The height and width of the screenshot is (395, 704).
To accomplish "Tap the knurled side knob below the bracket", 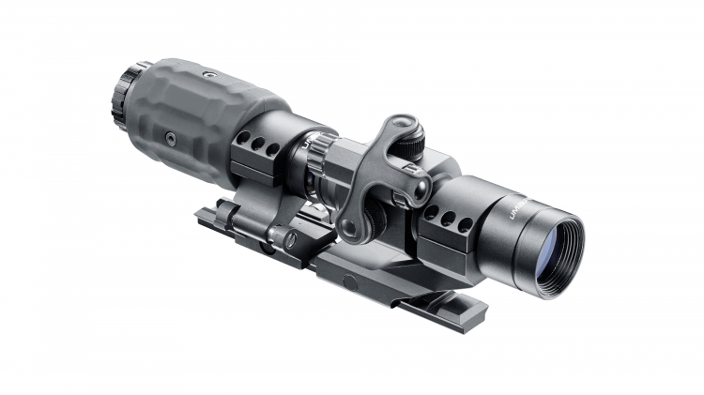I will click(373, 218).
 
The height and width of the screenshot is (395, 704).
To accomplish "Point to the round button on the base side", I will click(349, 281).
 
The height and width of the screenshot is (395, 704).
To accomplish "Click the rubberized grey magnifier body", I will click(202, 113).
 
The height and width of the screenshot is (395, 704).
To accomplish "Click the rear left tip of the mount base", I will click(200, 218).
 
